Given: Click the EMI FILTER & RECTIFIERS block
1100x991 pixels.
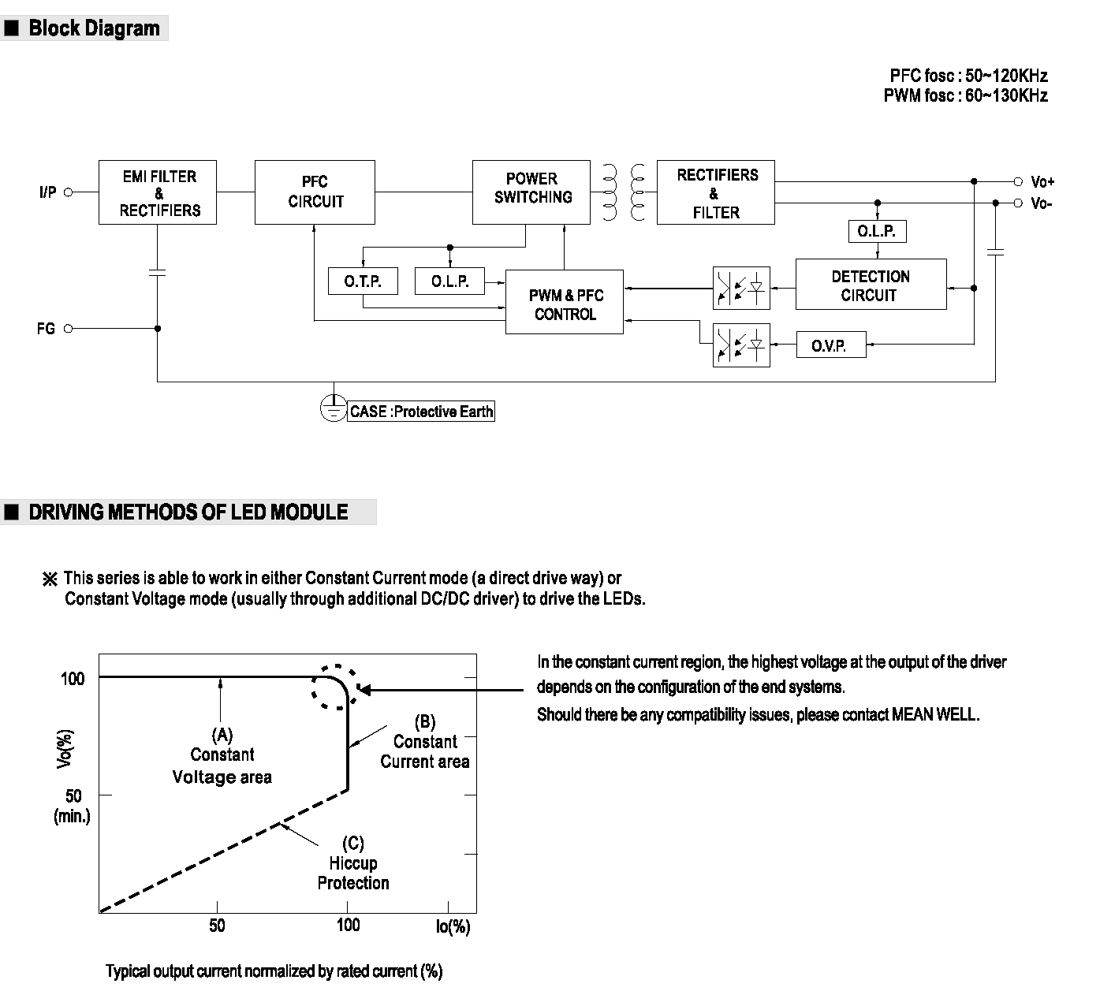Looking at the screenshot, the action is pyautogui.click(x=158, y=192).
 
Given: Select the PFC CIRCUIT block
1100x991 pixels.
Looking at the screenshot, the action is pyautogui.click(x=315, y=192).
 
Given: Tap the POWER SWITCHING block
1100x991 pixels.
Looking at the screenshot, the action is pyautogui.click(x=531, y=192).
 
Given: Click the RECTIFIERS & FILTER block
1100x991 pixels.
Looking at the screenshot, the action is pyautogui.click(x=716, y=192).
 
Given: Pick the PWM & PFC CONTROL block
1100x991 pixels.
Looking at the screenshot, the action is pyautogui.click(x=565, y=302).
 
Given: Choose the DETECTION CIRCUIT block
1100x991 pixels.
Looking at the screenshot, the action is pyautogui.click(x=871, y=284).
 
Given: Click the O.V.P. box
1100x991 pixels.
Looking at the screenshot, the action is pyautogui.click(x=831, y=345).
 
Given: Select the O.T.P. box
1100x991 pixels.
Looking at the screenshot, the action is pyautogui.click(x=363, y=281).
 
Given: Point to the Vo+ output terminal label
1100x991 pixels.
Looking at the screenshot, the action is pyautogui.click(x=1042, y=181).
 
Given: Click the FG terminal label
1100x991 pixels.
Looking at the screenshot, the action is pyautogui.click(x=46, y=329).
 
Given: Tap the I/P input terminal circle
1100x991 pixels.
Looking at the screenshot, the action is pyautogui.click(x=69, y=192).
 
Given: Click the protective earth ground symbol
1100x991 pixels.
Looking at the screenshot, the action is pyautogui.click(x=334, y=408).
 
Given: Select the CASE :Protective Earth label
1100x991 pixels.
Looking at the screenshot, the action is pyautogui.click(x=421, y=412).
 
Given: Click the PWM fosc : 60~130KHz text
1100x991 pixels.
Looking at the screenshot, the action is pyautogui.click(x=966, y=95).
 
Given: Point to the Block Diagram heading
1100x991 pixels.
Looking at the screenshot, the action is pyautogui.click(x=94, y=28).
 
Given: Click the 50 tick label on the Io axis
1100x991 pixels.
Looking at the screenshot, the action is pyautogui.click(x=217, y=926).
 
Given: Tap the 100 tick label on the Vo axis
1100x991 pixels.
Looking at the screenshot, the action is pyautogui.click(x=73, y=679).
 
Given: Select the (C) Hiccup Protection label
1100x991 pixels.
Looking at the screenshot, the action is pyautogui.click(x=353, y=862).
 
